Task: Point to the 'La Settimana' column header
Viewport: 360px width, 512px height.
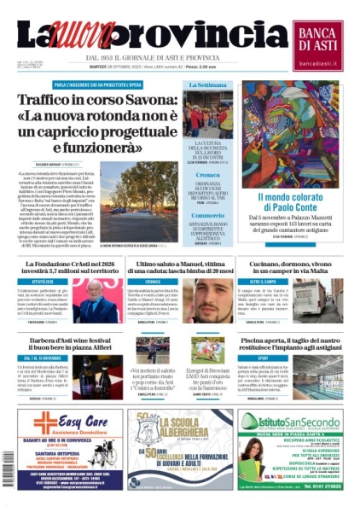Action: point(206,86)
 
